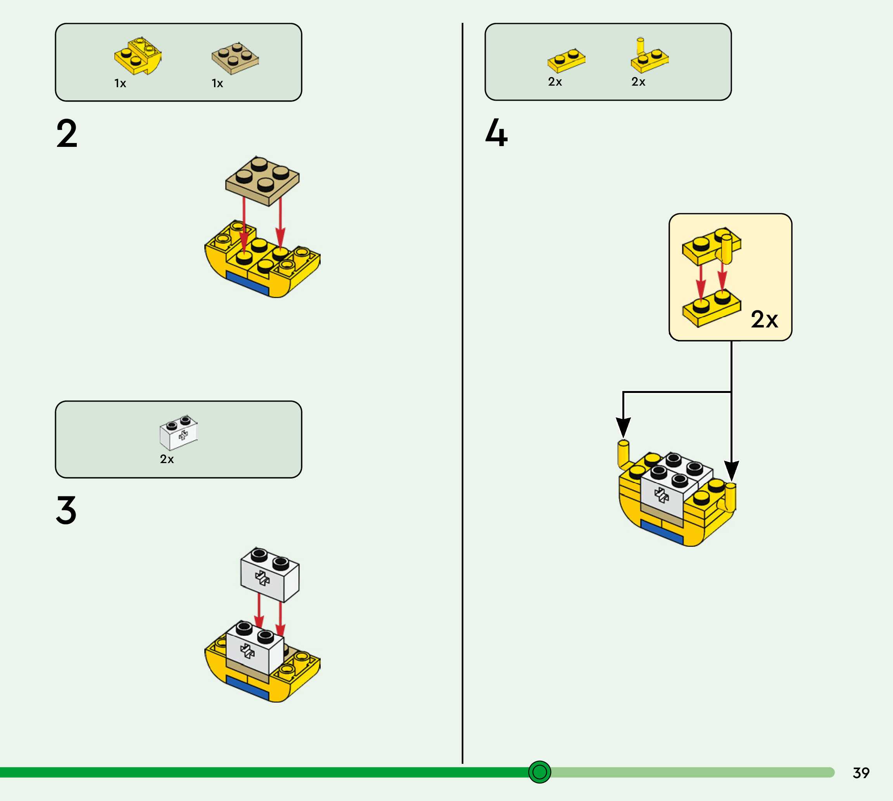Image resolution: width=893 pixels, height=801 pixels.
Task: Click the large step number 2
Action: click(x=67, y=133)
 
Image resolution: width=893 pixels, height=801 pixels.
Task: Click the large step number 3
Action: click(x=66, y=510)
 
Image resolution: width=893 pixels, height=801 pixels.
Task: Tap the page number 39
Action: click(x=861, y=773)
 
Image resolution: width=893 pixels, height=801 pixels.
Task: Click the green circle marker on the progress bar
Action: click(x=539, y=772)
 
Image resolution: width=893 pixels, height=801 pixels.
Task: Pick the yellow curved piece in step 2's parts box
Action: click(x=138, y=56)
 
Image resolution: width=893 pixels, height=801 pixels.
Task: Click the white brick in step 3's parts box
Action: click(x=178, y=432)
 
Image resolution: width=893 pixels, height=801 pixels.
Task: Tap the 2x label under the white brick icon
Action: click(x=167, y=459)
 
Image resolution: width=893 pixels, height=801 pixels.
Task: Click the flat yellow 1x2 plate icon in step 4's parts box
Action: click(x=566, y=61)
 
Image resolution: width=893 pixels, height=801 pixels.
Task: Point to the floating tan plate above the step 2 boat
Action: click(x=263, y=181)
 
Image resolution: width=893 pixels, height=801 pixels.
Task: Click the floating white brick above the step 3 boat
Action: click(x=269, y=574)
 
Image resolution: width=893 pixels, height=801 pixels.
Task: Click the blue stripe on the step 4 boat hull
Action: click(x=662, y=531)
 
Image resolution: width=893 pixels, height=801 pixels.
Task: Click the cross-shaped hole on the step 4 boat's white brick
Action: click(x=661, y=495)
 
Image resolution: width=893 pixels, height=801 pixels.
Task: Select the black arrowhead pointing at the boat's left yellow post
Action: click(x=623, y=427)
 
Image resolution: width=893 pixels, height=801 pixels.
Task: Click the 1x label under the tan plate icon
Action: click(x=218, y=83)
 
